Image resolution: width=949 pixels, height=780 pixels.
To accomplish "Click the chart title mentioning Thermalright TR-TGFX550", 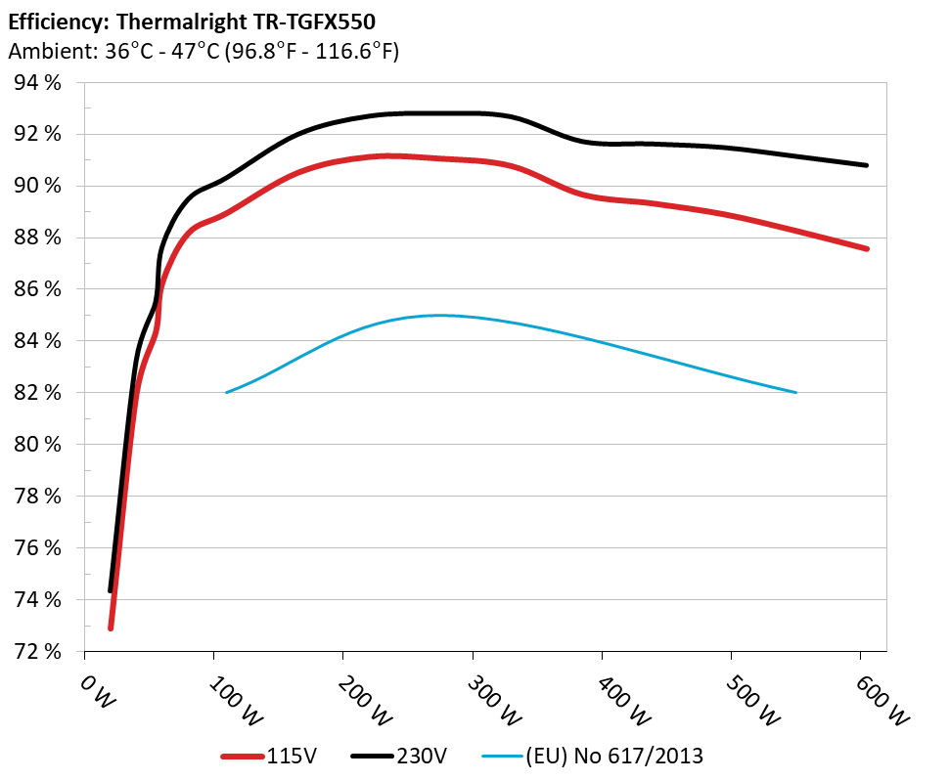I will pos(191,21).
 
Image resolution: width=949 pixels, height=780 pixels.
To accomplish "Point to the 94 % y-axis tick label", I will pos(38,82).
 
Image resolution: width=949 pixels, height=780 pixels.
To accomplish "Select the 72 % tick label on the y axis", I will pos(38,651).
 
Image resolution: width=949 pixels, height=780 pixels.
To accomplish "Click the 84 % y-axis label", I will pos(38,341).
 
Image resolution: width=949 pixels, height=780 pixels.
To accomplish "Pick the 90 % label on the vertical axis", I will pos(38,186).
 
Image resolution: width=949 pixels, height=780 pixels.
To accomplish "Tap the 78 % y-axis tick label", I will pos(38,496).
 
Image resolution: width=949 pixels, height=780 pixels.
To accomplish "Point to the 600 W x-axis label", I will pos(884,701).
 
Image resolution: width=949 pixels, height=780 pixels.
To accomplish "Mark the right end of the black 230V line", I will pos(866,165).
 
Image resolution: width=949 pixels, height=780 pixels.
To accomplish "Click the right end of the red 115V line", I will pos(866,249).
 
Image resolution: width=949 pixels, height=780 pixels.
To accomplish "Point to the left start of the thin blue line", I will pos(227,392).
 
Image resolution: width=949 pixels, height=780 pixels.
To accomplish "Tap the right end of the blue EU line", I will pos(796,392).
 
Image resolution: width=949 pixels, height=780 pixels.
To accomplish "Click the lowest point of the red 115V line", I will pos(111,628).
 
